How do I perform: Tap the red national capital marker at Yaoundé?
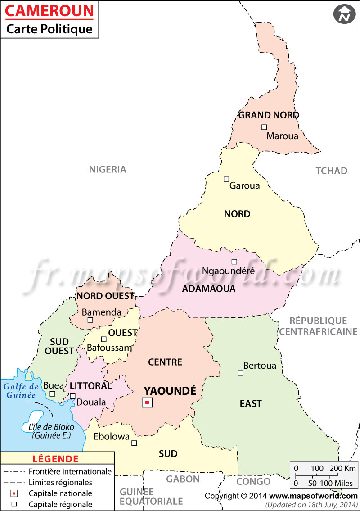147,403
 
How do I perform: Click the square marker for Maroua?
264,127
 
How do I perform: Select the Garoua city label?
244,185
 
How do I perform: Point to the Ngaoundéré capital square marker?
234,262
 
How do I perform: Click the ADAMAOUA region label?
209,289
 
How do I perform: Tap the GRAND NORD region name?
269,115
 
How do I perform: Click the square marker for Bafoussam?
103,339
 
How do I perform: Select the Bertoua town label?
260,366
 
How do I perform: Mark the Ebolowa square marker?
134,443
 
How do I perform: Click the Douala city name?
91,402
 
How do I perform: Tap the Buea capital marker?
52,393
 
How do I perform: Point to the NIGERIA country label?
108,170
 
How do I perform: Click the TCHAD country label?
331,171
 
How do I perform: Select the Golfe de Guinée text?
21,390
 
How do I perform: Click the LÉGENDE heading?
56,459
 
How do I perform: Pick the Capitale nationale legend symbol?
14,493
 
